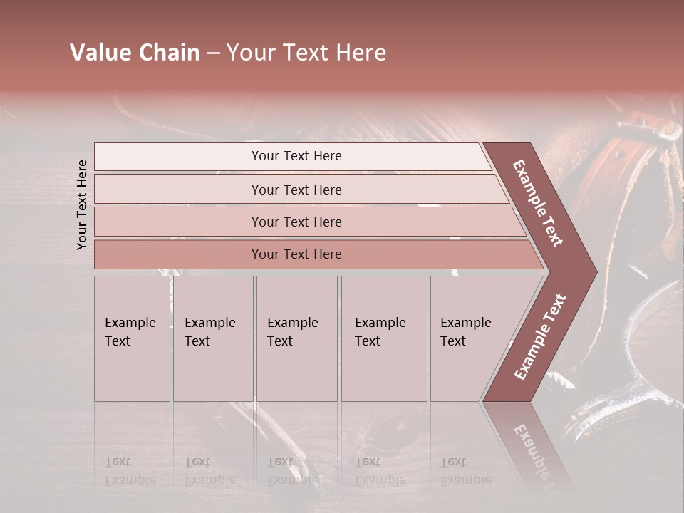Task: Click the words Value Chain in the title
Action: click(x=135, y=53)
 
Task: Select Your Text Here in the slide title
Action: click(x=306, y=53)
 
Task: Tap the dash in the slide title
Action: click(x=213, y=53)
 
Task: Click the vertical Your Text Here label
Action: click(x=82, y=204)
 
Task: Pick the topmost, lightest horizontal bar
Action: click(x=292, y=157)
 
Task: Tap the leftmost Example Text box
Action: click(x=132, y=338)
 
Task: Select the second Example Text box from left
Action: click(x=212, y=338)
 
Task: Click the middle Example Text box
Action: click(x=296, y=338)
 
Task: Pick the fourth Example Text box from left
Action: click(x=383, y=338)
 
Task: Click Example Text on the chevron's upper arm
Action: click(x=538, y=203)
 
